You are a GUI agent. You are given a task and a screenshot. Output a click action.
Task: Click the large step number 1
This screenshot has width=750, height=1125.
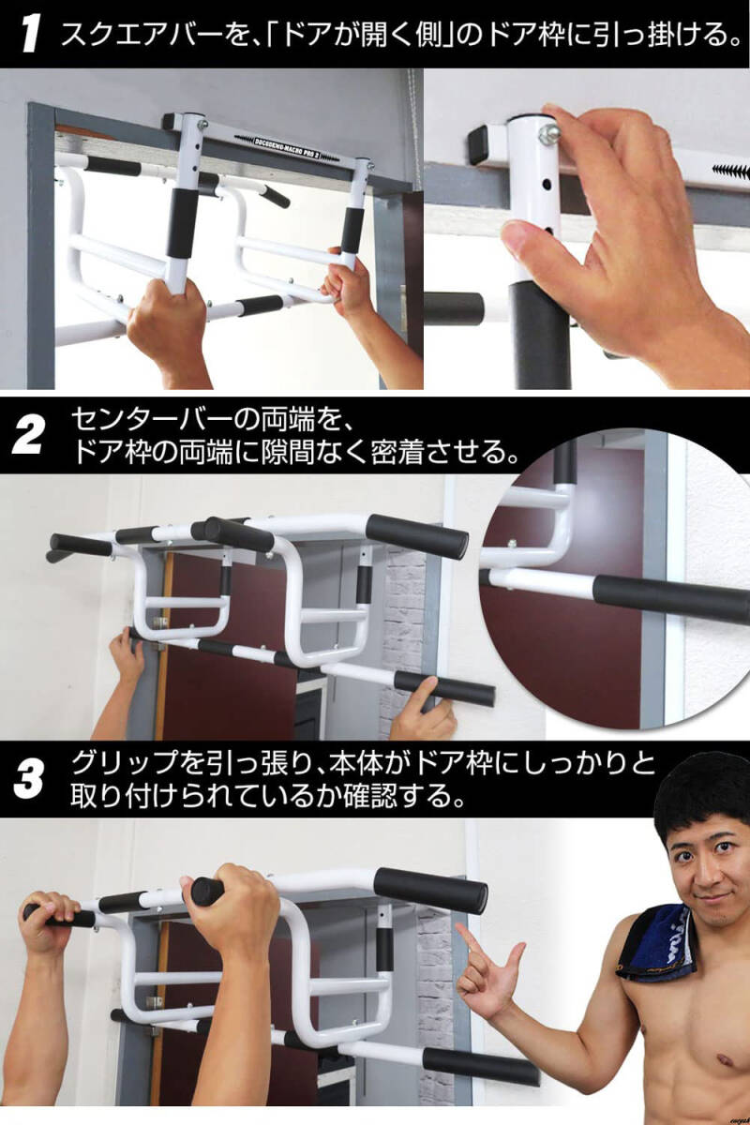[x=30, y=34]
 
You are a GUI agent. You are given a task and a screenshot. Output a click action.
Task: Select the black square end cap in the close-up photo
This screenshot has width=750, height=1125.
[x=480, y=143]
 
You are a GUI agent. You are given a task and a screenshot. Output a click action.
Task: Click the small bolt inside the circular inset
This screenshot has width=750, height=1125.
[x=512, y=544]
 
